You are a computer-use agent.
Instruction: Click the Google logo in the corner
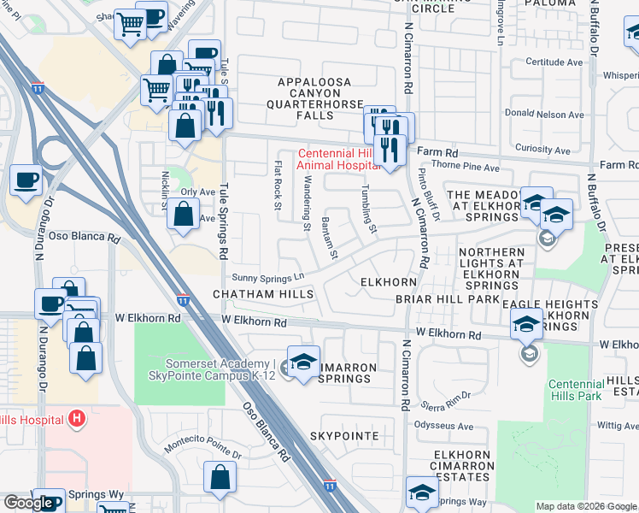[28, 503]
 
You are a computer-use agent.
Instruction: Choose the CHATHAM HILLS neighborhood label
[263, 295]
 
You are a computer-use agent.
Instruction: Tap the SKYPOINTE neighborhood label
[344, 436]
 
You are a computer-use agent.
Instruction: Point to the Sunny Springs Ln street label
[269, 278]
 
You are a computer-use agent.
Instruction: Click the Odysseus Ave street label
[443, 427]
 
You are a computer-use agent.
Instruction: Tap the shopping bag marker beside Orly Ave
[183, 214]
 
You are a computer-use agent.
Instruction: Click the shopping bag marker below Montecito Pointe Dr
[220, 479]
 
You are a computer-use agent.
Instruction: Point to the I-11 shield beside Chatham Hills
[184, 300]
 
